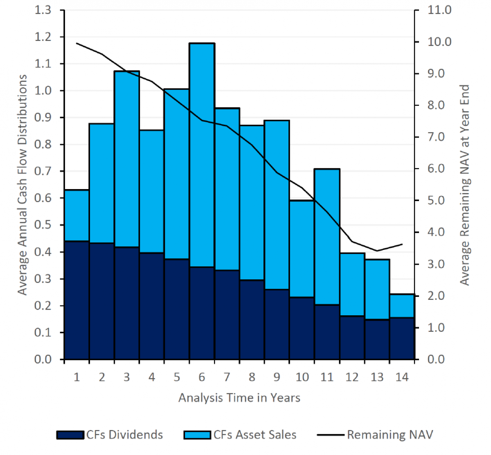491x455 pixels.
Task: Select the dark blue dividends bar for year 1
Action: [77, 300]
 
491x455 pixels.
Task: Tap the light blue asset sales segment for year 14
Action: [402, 306]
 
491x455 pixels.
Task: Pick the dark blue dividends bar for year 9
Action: [277, 324]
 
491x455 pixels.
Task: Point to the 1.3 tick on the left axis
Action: [43, 10]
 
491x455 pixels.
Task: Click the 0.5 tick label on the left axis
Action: [43, 225]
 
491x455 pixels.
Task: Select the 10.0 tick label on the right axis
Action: [439, 42]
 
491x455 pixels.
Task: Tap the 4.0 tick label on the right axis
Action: [439, 232]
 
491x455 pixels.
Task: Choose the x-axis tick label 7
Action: [227, 377]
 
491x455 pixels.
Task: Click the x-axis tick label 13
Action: [377, 377]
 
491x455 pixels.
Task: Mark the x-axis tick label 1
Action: [77, 377]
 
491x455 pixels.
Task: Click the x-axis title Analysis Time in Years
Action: [239, 398]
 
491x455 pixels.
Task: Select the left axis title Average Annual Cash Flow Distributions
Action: [22, 185]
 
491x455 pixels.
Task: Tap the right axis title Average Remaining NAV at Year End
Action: [464, 185]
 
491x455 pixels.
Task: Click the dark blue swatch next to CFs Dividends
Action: [70, 435]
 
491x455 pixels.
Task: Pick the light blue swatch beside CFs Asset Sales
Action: [198, 435]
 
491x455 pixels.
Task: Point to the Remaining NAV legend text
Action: [390, 435]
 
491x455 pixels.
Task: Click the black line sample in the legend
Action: [330, 435]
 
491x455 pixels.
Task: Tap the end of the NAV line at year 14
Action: [402, 244]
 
